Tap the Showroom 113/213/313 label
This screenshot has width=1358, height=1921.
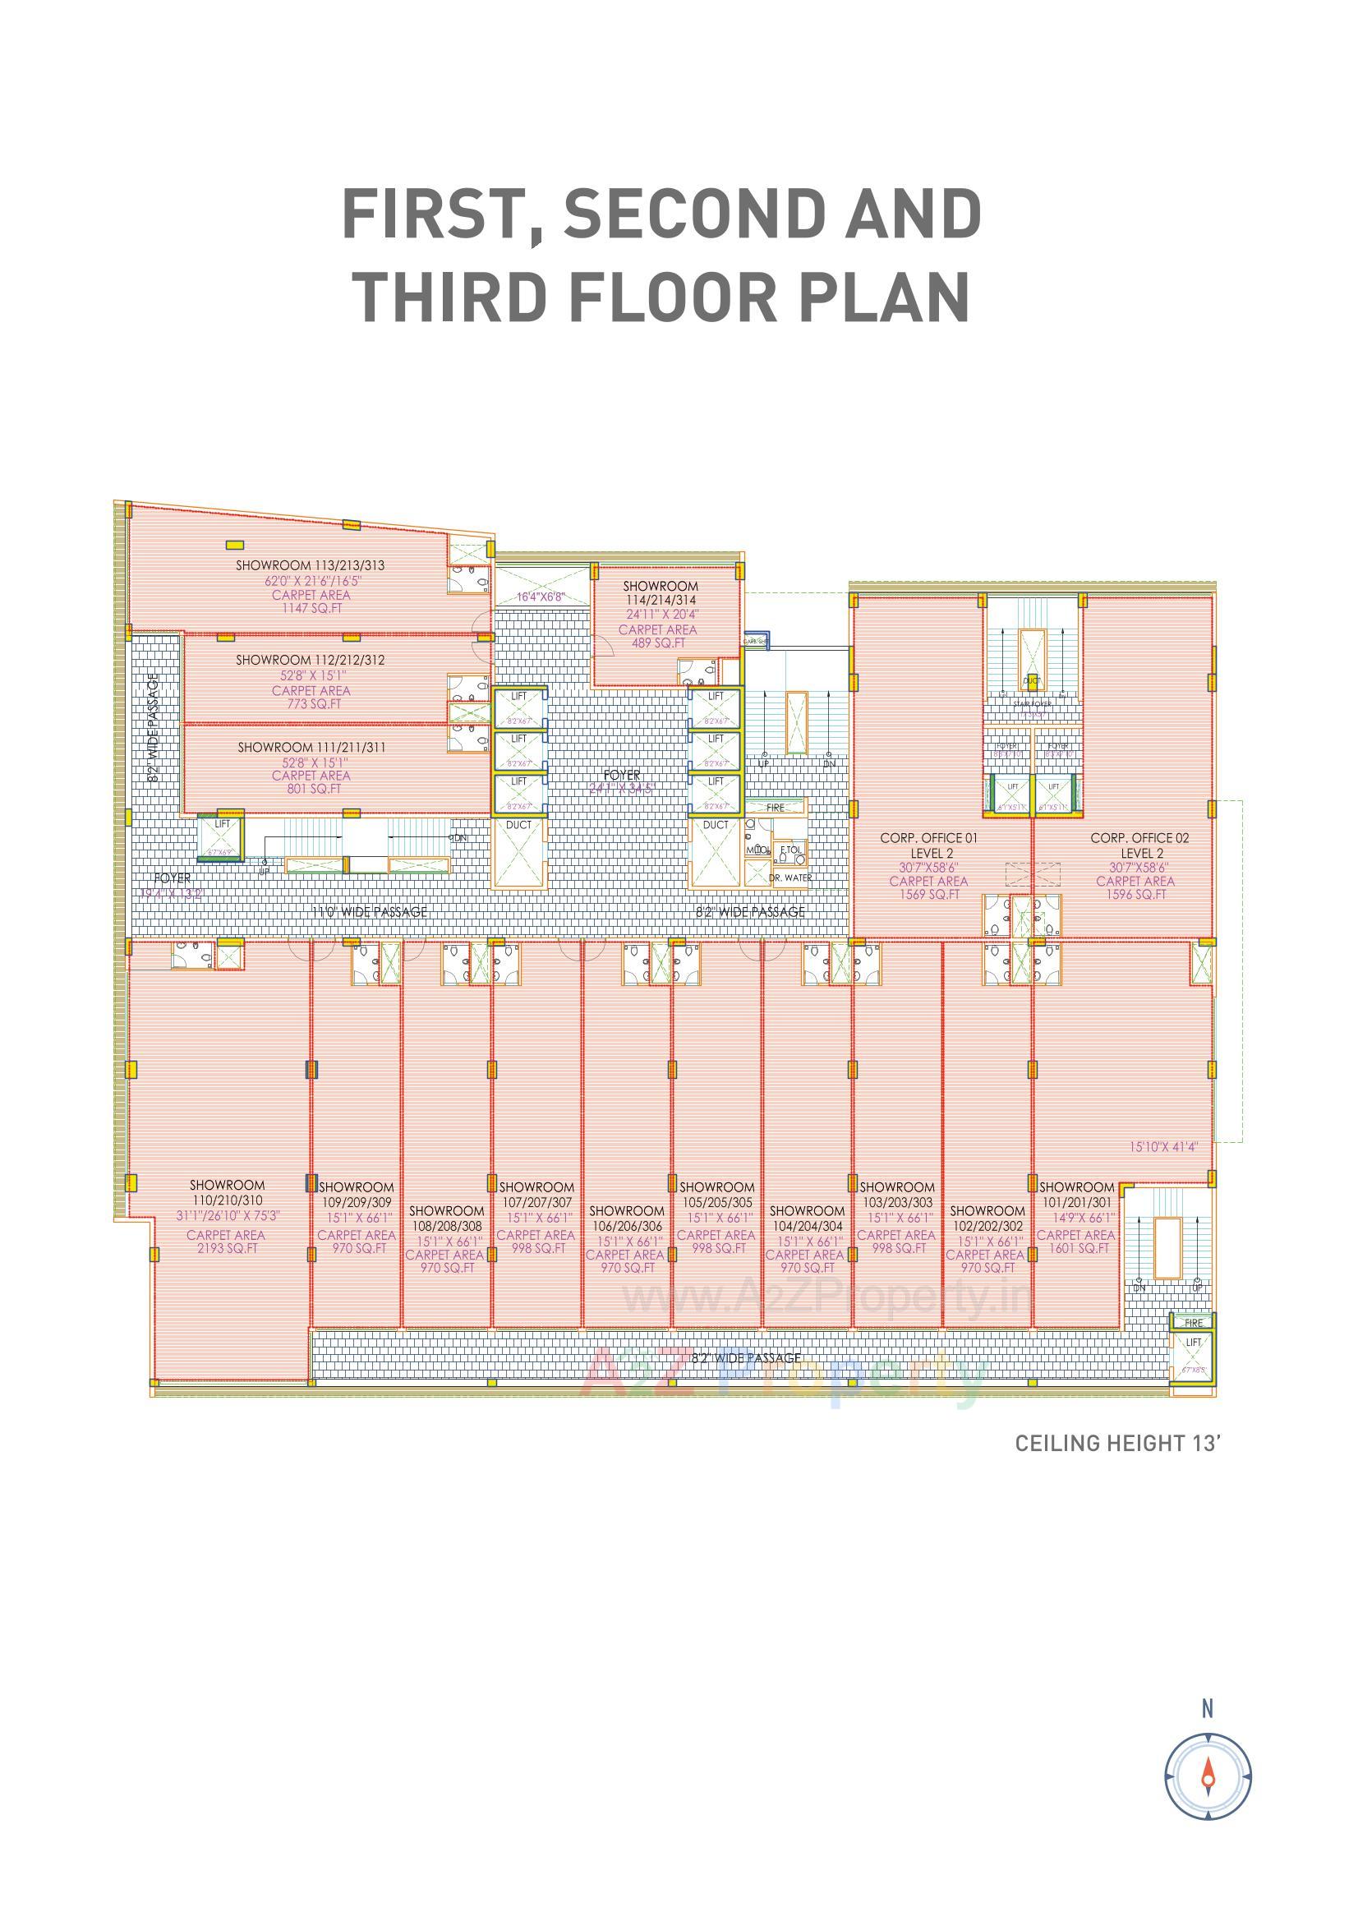click(310, 565)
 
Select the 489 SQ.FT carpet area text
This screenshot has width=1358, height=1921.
click(658, 643)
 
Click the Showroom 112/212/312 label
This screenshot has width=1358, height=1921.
click(310, 660)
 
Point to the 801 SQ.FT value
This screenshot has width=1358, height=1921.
click(311, 789)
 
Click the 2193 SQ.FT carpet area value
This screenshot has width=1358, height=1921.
click(226, 1248)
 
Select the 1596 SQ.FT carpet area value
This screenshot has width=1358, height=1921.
click(1135, 895)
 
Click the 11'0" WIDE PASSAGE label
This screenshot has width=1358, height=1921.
click(369, 912)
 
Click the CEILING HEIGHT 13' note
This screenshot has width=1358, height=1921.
click(1118, 1444)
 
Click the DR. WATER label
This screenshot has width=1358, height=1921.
click(789, 878)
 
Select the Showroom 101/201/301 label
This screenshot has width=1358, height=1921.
click(1076, 1195)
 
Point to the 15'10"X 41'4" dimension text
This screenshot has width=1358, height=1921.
click(1163, 1147)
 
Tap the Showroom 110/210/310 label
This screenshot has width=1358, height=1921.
click(227, 1192)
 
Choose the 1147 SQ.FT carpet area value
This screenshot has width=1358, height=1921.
click(311, 609)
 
